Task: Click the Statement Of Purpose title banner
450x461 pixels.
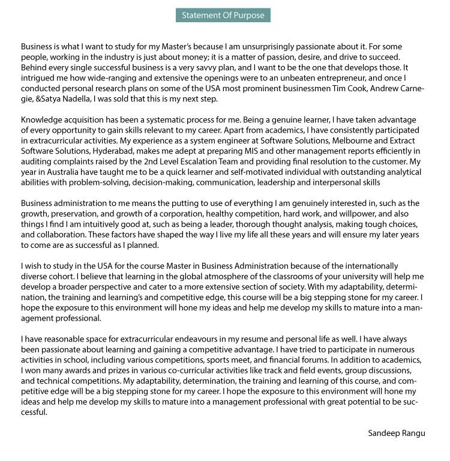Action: [x=223, y=15]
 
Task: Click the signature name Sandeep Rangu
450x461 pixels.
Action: [x=397, y=432]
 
